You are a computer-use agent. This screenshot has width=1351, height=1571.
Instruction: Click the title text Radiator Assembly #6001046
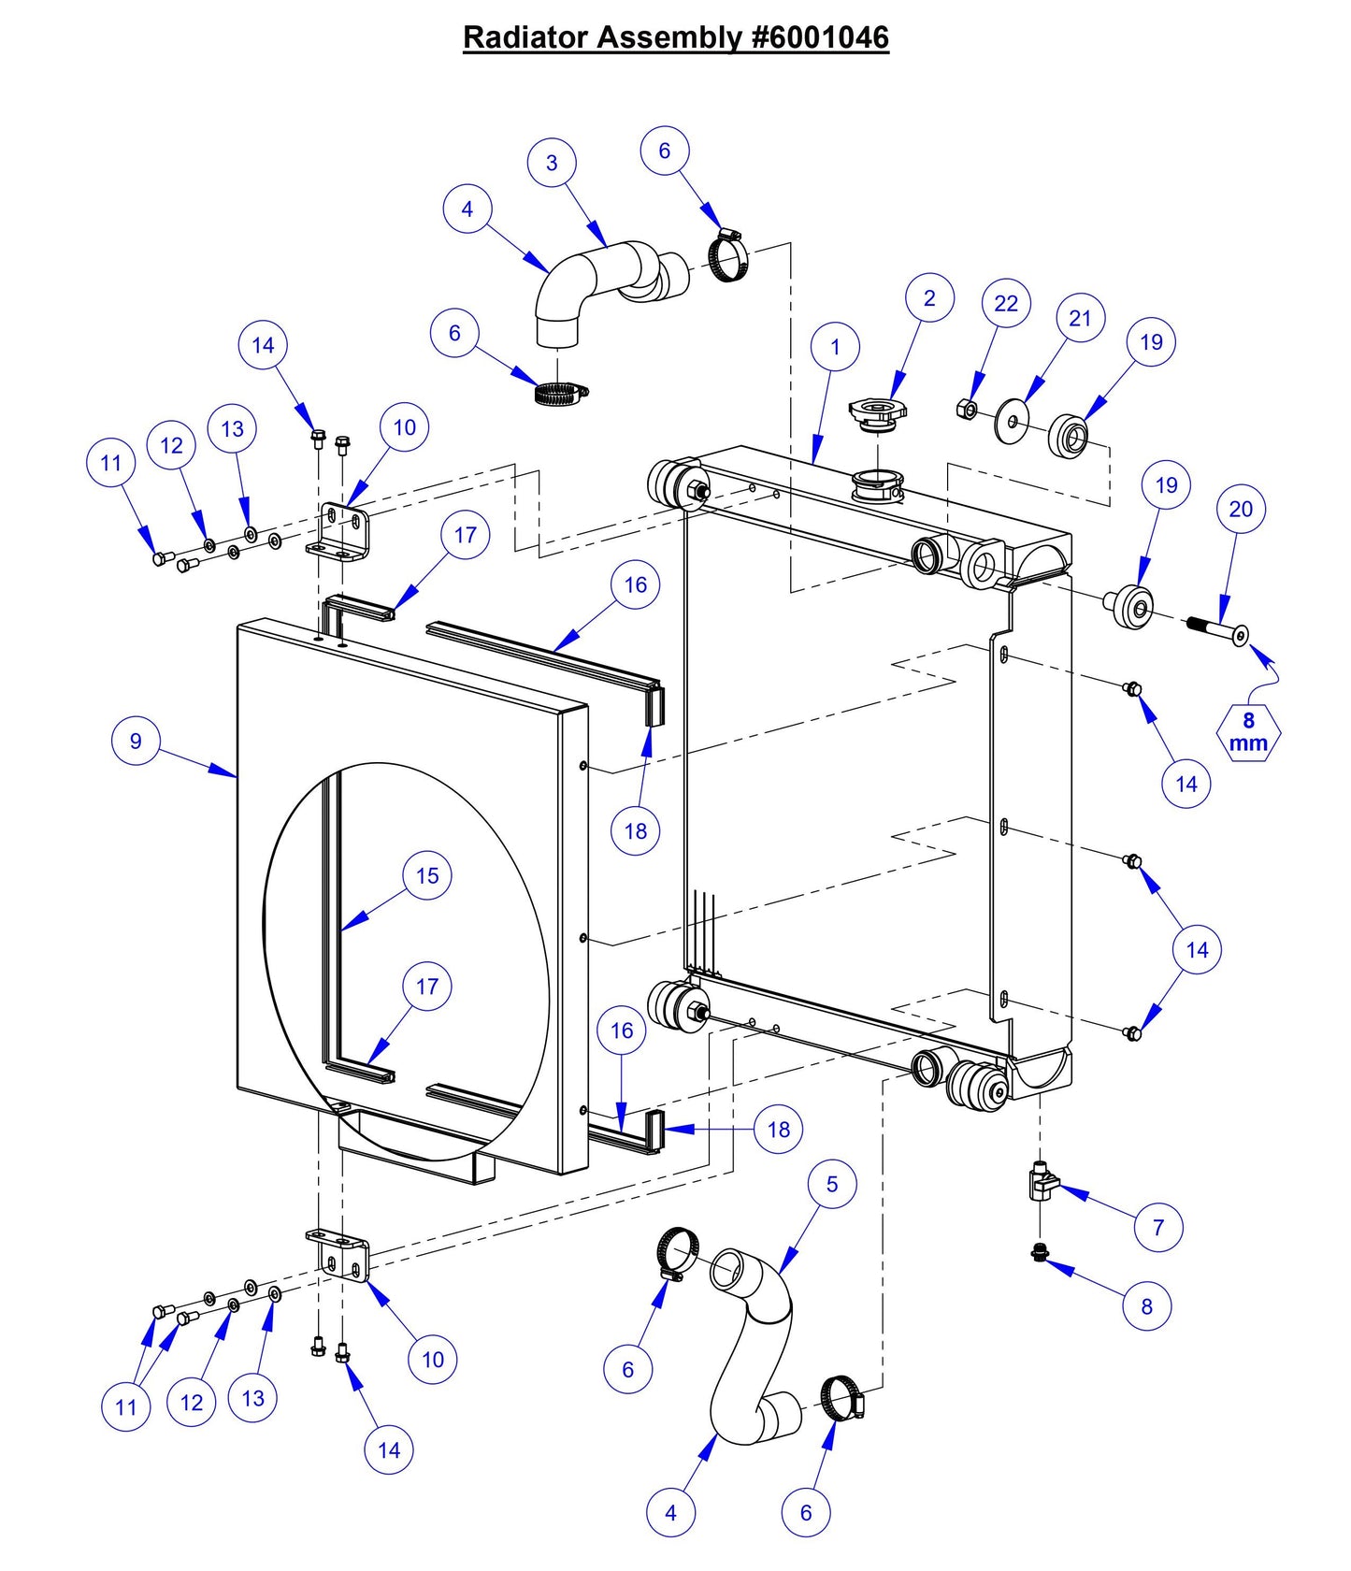(675, 37)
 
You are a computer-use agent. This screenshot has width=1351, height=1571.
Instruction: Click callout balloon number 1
(835, 348)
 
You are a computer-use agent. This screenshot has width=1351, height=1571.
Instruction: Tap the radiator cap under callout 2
(877, 412)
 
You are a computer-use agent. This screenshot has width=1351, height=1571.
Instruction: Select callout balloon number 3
(552, 163)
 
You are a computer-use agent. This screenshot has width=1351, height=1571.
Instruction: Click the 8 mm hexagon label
(1248, 732)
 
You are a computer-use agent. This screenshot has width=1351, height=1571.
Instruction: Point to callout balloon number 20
(1241, 510)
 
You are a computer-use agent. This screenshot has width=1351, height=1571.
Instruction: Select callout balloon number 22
(1006, 304)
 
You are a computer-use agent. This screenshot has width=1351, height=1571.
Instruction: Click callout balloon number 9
(136, 741)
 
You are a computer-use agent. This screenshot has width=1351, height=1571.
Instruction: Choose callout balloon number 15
(427, 876)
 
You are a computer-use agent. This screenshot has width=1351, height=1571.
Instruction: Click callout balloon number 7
(1158, 1227)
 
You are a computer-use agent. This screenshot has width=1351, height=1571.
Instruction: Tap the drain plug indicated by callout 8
(1039, 1252)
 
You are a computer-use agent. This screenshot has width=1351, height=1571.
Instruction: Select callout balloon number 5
(832, 1184)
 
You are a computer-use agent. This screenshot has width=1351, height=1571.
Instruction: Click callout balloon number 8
(1147, 1306)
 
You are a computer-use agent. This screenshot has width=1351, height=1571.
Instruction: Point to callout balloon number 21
(1080, 319)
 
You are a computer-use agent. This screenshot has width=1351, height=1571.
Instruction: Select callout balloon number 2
(929, 298)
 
